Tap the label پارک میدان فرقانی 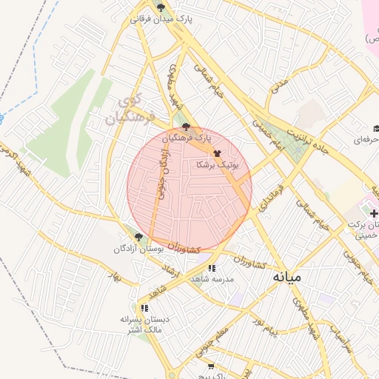click(x=161, y=19)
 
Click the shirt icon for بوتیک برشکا click(x=217, y=154)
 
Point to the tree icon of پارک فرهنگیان click(x=186, y=127)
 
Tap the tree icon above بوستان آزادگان click(x=138, y=237)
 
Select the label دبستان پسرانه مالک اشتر click(x=145, y=323)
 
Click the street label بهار click(x=113, y=277)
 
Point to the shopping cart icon click(x=211, y=366)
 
